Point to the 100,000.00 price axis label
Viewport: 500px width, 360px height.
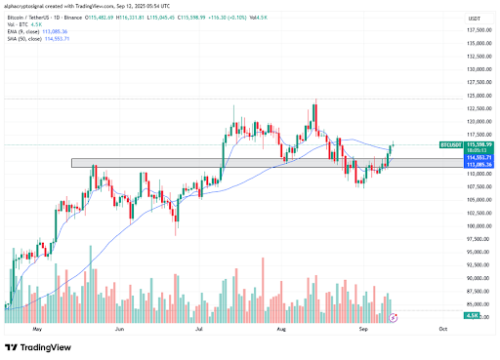477,225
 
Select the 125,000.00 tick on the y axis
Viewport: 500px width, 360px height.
477,96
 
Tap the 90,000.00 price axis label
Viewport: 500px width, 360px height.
477,277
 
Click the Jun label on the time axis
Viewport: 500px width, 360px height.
119,330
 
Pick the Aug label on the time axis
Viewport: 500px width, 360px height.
281,330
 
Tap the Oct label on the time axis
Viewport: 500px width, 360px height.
442,330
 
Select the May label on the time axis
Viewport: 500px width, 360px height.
38,330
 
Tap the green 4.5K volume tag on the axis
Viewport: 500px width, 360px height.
471,316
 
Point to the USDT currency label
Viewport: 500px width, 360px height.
476,19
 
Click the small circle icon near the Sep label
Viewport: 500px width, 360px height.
394,318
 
